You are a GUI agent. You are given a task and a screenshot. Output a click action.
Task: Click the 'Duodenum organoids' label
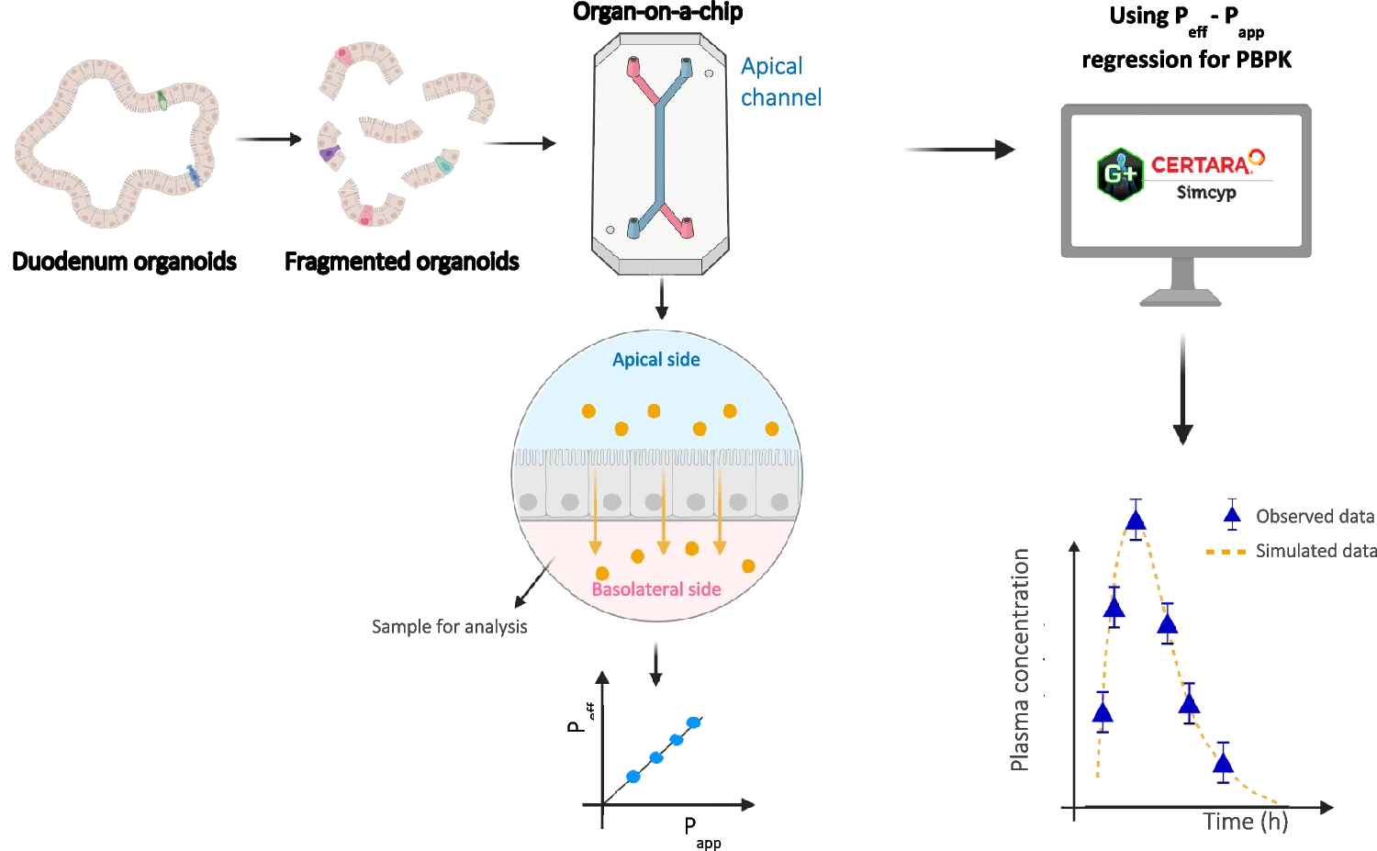click(x=124, y=262)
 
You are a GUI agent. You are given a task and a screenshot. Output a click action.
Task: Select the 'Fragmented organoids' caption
click(x=401, y=262)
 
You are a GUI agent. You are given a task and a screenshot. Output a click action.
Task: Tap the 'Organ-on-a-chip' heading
click(x=657, y=12)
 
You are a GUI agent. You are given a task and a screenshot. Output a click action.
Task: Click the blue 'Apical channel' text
click(x=780, y=82)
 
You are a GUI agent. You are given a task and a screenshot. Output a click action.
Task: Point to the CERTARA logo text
click(x=1201, y=165)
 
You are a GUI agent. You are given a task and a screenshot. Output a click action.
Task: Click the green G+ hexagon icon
click(x=1120, y=174)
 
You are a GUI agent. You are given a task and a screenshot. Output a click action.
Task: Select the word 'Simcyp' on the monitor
click(x=1206, y=193)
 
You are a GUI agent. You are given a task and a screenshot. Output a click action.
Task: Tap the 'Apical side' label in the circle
click(x=655, y=360)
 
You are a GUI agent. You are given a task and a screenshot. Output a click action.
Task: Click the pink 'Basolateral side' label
click(x=655, y=589)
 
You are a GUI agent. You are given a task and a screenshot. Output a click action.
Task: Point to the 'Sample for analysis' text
click(x=449, y=627)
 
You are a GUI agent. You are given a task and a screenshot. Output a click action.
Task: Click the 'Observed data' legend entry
click(x=1315, y=517)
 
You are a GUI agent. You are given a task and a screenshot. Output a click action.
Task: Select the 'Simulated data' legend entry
click(x=1315, y=551)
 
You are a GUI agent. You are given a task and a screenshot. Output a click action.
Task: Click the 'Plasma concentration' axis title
click(x=1019, y=659)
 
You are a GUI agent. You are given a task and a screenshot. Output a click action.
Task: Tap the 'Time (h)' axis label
click(x=1246, y=822)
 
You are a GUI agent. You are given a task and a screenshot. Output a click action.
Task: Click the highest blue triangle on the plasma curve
click(x=1136, y=521)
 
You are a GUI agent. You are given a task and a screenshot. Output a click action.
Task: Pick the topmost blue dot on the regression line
click(x=694, y=722)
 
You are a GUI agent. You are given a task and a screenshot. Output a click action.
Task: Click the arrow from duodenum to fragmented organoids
click(x=268, y=140)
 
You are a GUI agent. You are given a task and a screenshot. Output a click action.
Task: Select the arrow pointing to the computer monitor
click(x=959, y=150)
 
